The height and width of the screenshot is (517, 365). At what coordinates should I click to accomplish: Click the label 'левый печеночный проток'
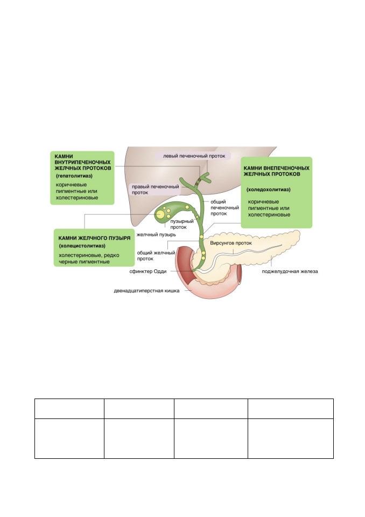194,156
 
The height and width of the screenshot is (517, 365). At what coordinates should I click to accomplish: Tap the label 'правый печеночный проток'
155,189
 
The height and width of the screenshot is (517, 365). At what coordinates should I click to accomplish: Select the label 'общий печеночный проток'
224,208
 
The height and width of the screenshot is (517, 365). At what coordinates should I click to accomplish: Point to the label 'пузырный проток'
181,224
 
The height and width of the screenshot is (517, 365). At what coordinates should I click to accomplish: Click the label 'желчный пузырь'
156,235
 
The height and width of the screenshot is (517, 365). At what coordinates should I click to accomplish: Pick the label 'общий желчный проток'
156,255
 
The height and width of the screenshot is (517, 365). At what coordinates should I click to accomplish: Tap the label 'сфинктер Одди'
148,271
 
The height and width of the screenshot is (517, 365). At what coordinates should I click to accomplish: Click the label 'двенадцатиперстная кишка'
147,291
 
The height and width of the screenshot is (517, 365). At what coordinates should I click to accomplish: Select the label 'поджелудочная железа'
290,271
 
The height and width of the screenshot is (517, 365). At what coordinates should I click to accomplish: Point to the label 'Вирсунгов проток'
231,243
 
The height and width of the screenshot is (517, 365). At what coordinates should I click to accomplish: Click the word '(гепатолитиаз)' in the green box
74,176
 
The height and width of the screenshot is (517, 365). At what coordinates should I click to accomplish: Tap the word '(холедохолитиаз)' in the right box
269,190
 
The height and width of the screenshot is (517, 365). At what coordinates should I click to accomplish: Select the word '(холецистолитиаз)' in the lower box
82,246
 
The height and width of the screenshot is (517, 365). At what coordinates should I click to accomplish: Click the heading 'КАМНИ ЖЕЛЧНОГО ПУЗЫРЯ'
94,237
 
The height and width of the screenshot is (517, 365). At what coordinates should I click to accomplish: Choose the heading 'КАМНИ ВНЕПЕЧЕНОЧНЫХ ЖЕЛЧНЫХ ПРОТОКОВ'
276,171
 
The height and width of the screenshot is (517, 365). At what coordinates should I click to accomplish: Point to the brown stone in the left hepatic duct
198,181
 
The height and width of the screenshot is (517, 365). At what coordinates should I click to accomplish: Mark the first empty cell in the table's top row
69,409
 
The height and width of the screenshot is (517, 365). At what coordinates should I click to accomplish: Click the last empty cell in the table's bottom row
291,438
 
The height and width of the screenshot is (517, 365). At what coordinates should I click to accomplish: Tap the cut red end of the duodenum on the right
240,267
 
